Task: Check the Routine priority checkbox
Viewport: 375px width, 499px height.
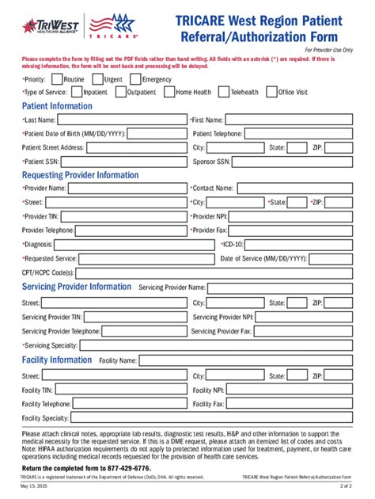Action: (57, 79)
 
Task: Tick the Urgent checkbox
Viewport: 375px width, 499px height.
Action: (97, 79)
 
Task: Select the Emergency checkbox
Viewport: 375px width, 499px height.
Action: (135, 79)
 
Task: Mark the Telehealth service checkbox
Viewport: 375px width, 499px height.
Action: (223, 92)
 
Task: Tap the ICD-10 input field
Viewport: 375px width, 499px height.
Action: (300, 245)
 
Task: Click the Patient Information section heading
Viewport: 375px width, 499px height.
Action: (57, 106)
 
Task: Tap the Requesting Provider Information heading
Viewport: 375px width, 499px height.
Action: (80, 175)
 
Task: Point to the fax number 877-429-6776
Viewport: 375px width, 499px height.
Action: (129, 469)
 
